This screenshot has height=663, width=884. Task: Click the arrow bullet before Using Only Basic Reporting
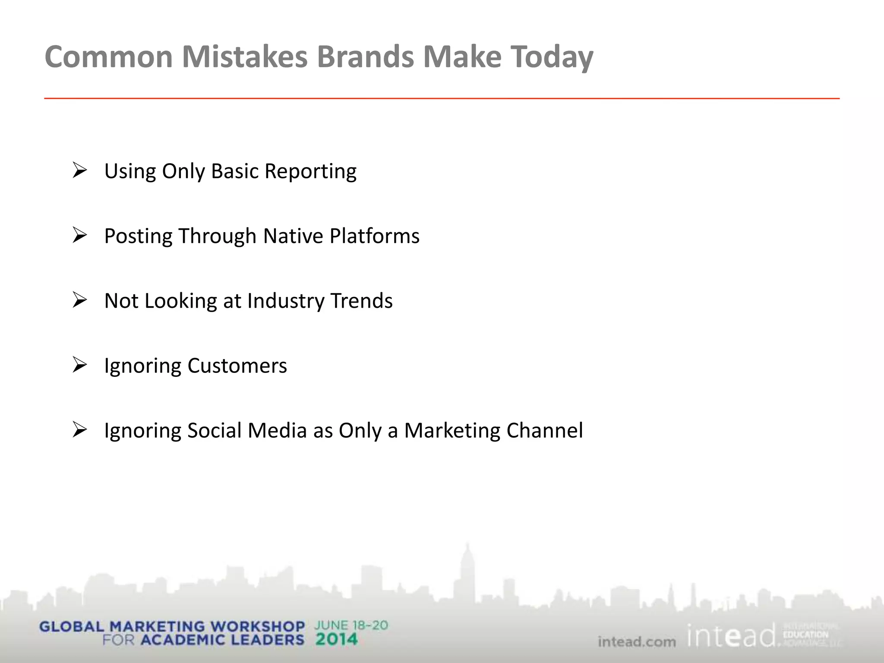(80, 170)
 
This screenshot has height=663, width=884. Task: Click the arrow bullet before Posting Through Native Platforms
(80, 235)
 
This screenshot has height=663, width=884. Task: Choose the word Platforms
(374, 236)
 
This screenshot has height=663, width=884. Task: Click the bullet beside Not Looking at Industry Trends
(80, 300)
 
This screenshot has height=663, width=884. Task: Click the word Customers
(237, 366)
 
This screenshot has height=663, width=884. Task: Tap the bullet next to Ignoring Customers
(80, 365)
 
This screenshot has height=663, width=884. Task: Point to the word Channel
(544, 431)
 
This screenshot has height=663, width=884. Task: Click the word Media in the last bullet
(277, 431)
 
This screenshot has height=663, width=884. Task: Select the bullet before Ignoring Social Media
(80, 430)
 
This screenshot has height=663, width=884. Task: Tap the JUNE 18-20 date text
(351, 625)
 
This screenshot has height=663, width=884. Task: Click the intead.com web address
(637, 642)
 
